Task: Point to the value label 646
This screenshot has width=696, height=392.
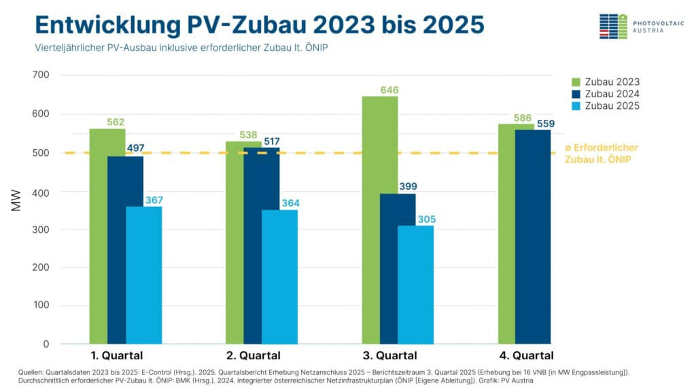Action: click(389, 90)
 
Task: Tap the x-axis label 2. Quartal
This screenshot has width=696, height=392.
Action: click(253, 355)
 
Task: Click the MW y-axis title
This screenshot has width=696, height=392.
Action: click(17, 202)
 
